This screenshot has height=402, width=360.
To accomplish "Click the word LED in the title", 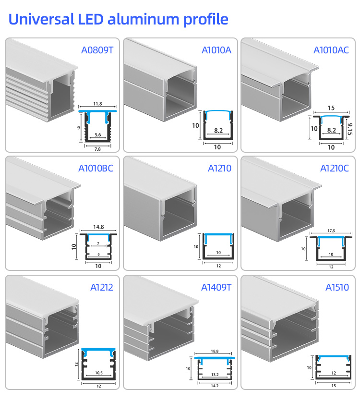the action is coord(90,19).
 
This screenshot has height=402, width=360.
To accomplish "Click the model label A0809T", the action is coord(97,50).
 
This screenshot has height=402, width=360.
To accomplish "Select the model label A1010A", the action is coord(216,50).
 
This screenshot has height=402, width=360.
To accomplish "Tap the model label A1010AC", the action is coord(331,50).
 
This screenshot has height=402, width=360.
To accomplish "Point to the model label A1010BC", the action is coord(96,168).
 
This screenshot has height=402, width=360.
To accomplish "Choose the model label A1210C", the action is coord(335,168).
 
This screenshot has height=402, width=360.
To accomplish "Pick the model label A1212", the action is coord(102,287).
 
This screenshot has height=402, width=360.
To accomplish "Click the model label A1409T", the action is coord(216,287).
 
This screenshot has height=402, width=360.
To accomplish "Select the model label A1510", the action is coord(337,287).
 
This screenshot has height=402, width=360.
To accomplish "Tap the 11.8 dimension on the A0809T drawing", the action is coord(97,104).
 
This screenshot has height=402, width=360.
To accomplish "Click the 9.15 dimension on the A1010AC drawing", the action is coord(350,129).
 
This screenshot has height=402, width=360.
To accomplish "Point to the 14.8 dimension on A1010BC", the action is coord(98,227).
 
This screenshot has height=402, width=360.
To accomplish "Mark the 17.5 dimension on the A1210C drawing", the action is coord(331,231).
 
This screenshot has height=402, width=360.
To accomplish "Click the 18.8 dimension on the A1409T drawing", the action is coord(215,351).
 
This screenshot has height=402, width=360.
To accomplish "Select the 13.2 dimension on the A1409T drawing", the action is coord(215,375).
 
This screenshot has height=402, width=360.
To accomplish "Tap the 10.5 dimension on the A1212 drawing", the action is coord(99,373).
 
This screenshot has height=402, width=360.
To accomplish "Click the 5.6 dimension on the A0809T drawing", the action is coord(97,135).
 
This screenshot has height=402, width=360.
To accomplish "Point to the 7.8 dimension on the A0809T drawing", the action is coord(97,149).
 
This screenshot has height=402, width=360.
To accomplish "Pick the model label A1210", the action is coord(219,168).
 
